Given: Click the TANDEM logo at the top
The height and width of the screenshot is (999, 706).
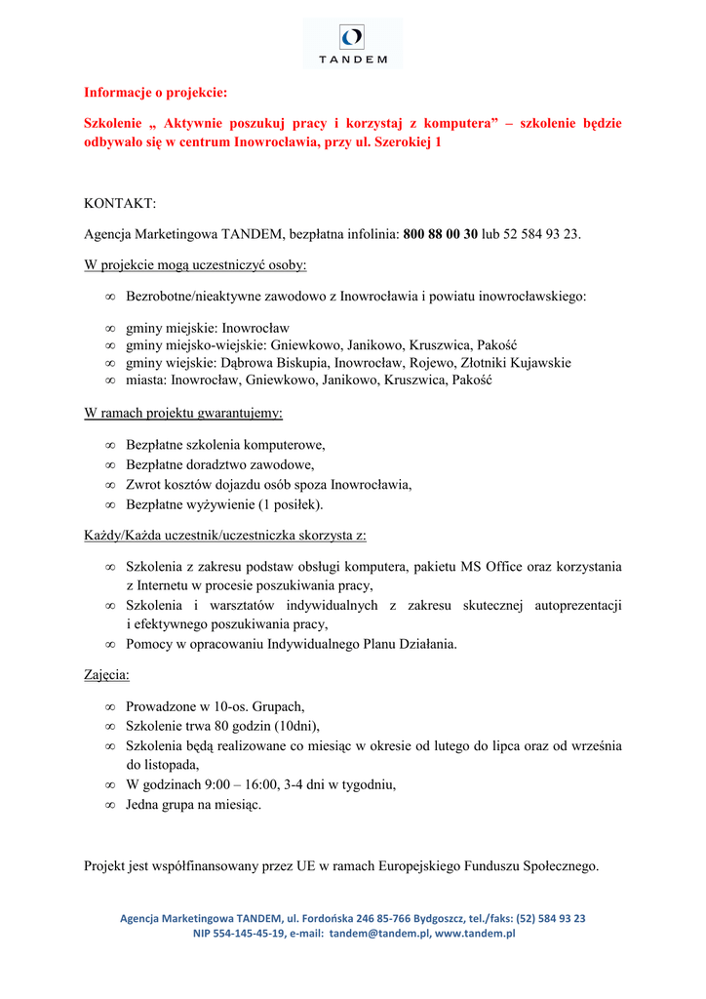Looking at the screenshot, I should pyautogui.click(x=352, y=43).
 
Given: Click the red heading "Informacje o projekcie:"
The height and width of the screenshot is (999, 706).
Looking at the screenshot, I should pyautogui.click(x=155, y=94).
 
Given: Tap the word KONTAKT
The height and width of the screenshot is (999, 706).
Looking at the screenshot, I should pyautogui.click(x=119, y=203).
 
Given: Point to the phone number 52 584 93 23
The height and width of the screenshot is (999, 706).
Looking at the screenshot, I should pyautogui.click(x=537, y=234).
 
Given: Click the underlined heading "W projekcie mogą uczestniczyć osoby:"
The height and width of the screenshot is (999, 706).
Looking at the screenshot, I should pyautogui.click(x=195, y=264).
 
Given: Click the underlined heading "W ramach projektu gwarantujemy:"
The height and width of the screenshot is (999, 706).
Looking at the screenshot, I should pyautogui.click(x=183, y=413).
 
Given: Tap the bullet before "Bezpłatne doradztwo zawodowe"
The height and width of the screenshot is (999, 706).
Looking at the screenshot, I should pyautogui.click(x=110, y=464).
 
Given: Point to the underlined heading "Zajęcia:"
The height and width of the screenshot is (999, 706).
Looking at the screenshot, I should pyautogui.click(x=106, y=674).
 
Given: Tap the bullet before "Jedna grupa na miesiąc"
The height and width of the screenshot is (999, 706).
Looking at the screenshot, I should pyautogui.click(x=110, y=805).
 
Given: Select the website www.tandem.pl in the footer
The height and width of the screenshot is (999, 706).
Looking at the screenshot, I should pyautogui.click(x=475, y=934).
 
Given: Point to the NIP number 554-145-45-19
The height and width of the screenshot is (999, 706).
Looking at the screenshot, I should pyautogui.click(x=251, y=934).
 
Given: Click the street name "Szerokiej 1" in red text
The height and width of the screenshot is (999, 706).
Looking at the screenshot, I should pyautogui.click(x=405, y=141).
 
